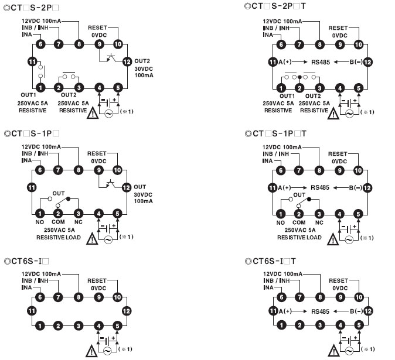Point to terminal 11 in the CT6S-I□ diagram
click(x=32, y=311)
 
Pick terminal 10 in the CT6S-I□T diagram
click(x=359, y=297)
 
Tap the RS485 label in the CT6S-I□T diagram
click(x=321, y=311)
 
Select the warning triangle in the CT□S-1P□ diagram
click(x=91, y=239)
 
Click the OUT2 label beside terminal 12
click(x=142, y=60)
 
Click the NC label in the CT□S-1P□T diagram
click(x=319, y=222)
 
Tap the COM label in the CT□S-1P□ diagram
click(x=58, y=222)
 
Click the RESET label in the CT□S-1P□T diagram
click(x=338, y=153)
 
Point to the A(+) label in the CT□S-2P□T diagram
click(x=285, y=62)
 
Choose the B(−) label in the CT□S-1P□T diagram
click(x=355, y=188)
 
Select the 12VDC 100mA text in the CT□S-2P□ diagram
click(x=41, y=21)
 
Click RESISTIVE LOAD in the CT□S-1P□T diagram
click(x=299, y=237)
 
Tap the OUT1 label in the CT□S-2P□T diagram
click(x=287, y=95)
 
